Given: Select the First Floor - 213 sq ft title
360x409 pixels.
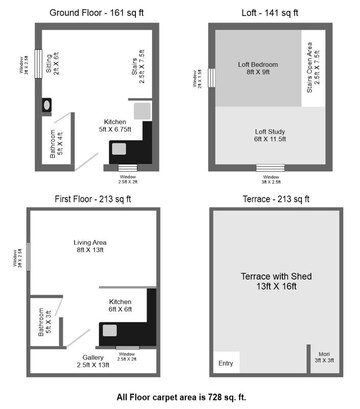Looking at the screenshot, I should (90, 199).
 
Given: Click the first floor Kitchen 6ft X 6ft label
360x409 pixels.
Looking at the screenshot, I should (121, 305).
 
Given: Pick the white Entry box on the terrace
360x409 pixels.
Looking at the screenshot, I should (225, 362).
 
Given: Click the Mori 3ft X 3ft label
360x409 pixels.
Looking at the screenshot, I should (324, 357).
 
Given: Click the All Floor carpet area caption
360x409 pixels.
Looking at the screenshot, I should (179, 396).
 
